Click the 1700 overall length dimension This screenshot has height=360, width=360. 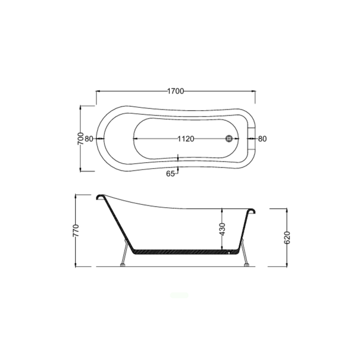[176, 91]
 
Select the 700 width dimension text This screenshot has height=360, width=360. [81, 139]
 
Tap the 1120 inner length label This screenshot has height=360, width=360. [186, 139]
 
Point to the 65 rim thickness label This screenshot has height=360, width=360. [170, 174]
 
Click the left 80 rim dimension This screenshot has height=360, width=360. [89, 139]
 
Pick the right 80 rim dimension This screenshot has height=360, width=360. [262, 139]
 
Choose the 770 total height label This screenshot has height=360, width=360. [76, 230]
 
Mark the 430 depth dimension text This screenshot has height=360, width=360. [223, 229]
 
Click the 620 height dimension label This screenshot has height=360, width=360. [287, 237]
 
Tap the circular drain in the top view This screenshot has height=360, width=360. [229, 139]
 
